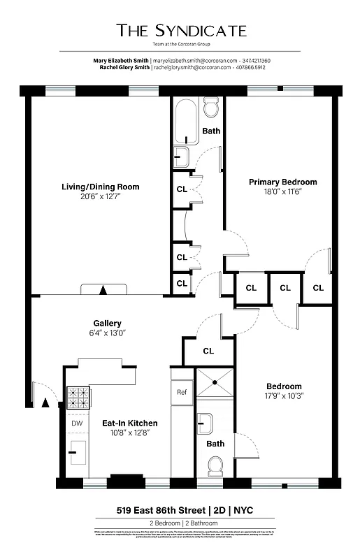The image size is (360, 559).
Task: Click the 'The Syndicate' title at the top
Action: tap(181, 30)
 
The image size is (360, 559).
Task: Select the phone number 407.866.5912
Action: tap(251, 68)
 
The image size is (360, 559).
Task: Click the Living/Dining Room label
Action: tap(99, 187)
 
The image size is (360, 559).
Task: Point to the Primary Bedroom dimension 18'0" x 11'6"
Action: tap(282, 191)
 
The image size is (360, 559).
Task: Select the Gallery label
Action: tap(108, 323)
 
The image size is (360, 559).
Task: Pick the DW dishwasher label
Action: tap(77, 423)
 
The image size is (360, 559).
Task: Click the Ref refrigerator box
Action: tap(182, 392)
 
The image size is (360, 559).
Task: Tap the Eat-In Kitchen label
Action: tap(129, 423)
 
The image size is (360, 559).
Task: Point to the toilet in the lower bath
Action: tap(215, 465)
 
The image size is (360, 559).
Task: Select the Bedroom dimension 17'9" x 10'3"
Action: tap(284, 396)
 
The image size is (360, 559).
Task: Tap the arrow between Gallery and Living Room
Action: tap(103, 289)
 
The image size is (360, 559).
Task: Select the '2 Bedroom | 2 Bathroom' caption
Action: tap(180, 523)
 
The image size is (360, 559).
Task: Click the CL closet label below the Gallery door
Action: tap(208, 351)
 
